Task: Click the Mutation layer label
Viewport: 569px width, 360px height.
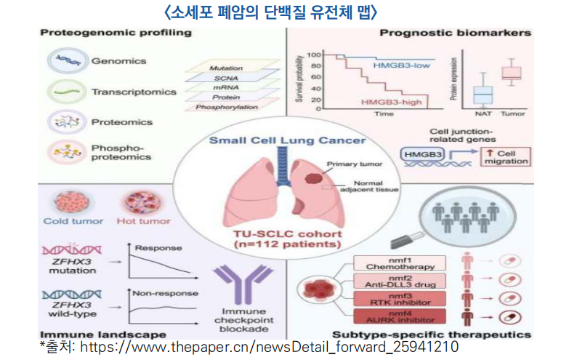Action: pos(225,67)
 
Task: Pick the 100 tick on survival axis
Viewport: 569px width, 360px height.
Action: pos(314,55)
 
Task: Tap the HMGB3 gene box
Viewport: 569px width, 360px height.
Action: pos(420,155)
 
